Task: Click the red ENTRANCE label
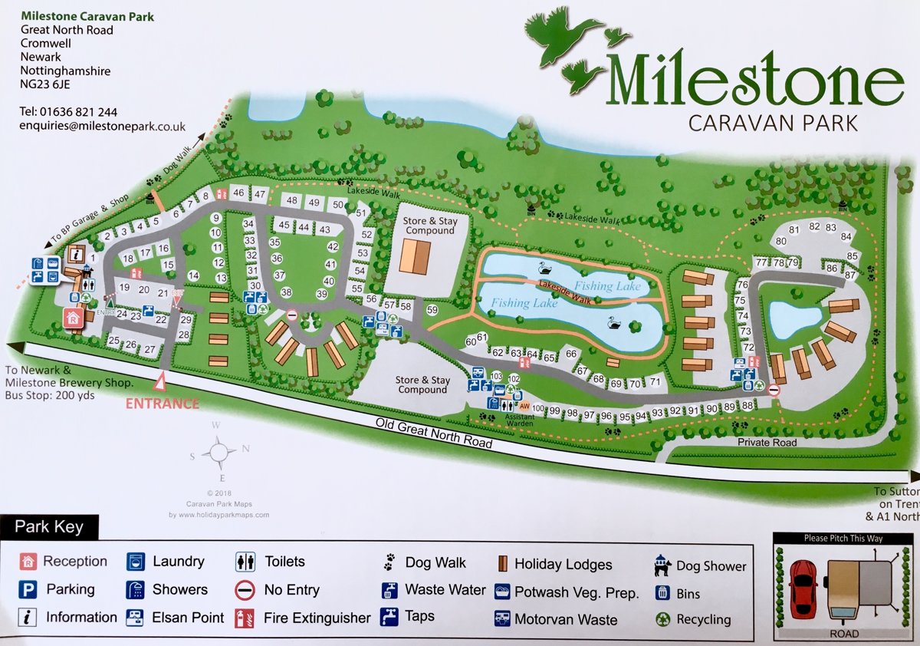[163, 404]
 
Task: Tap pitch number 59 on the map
[432, 310]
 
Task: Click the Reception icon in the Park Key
[29, 562]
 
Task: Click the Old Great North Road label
[434, 433]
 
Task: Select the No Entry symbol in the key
[245, 590]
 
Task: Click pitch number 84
[846, 236]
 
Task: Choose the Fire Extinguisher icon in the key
[245, 618]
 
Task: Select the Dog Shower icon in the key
[662, 566]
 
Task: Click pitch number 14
[193, 275]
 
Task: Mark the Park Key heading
[49, 528]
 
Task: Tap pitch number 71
[655, 381]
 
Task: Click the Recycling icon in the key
[662, 618]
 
